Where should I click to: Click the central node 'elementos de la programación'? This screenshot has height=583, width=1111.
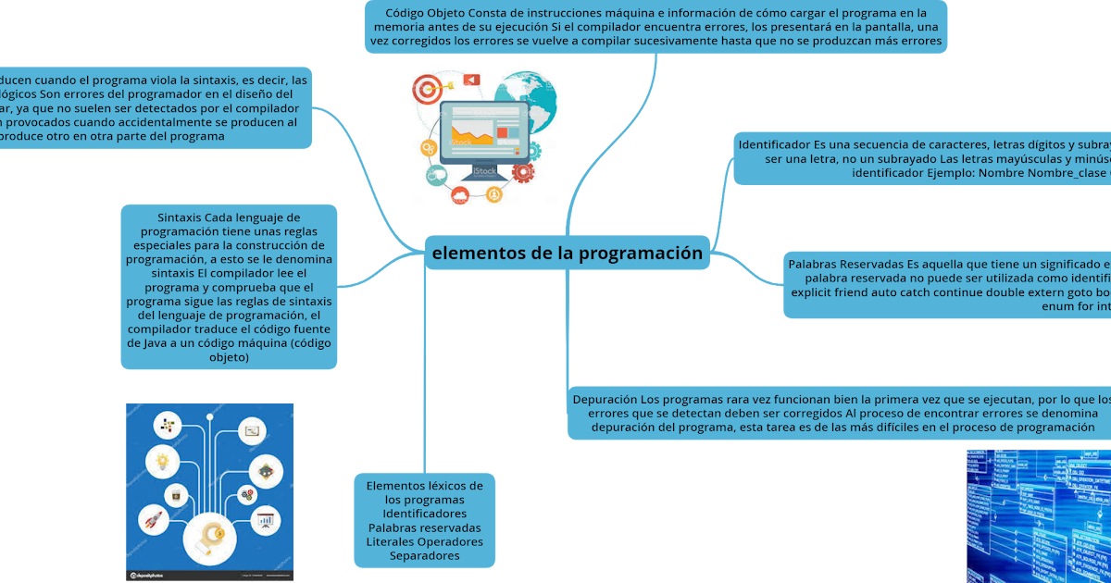tap(568, 254)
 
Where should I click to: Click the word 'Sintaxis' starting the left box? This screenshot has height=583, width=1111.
tap(179, 217)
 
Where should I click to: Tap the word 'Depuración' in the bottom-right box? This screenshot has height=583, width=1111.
tap(605, 400)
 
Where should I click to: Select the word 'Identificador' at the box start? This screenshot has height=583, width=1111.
tap(774, 144)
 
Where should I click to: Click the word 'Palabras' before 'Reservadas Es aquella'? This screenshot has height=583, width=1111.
tap(818, 265)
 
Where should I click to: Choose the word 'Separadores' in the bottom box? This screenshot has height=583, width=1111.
tap(424, 556)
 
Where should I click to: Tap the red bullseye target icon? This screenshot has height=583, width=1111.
tap(427, 91)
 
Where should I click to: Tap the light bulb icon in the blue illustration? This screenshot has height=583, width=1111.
tap(163, 461)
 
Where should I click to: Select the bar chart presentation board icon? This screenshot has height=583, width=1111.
tap(267, 521)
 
